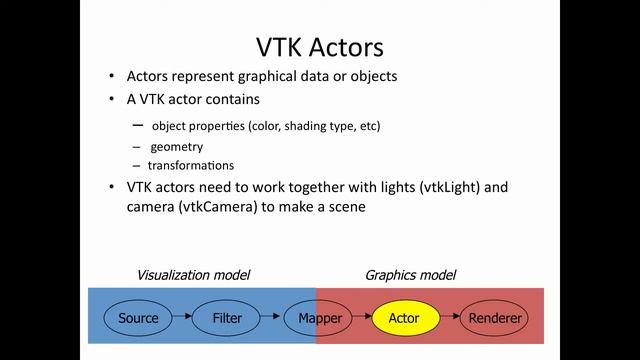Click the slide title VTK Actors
pos(320,46)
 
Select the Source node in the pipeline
pos(138,319)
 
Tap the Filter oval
pos(227,319)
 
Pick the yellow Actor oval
pos(405,319)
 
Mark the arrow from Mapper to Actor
pos(360,319)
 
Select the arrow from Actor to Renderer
pos(449,319)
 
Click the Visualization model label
pos(193,275)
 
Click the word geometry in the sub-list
pos(176,146)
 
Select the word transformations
pos(191,165)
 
